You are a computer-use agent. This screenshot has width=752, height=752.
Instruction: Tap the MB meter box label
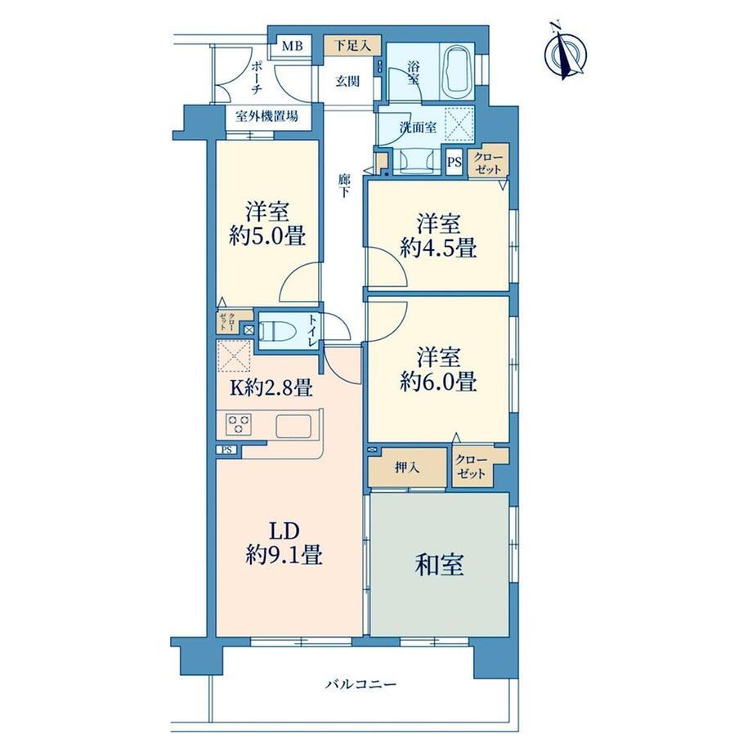(292, 47)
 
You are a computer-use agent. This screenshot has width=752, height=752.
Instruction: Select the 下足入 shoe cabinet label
(352, 46)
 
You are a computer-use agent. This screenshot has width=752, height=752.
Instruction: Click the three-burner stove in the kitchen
(239, 424)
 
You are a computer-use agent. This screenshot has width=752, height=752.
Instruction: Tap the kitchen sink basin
(293, 426)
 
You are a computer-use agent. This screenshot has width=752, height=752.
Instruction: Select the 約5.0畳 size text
(267, 236)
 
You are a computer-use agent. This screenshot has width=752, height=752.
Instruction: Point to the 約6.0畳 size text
(438, 383)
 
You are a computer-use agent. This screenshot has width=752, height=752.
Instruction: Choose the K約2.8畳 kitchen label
(271, 387)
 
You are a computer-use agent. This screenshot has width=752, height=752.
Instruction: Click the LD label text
(284, 531)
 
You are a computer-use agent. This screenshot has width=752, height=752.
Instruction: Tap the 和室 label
(439, 565)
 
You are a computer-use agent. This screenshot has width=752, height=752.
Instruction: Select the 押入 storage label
(407, 468)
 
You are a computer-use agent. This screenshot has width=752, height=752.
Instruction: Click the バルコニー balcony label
(361, 684)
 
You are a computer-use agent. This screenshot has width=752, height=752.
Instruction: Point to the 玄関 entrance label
(347, 81)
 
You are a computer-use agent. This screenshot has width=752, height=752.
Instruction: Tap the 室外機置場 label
(266, 116)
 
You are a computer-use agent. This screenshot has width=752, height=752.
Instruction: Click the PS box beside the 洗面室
(454, 162)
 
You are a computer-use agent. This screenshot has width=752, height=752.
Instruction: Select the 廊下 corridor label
(344, 186)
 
